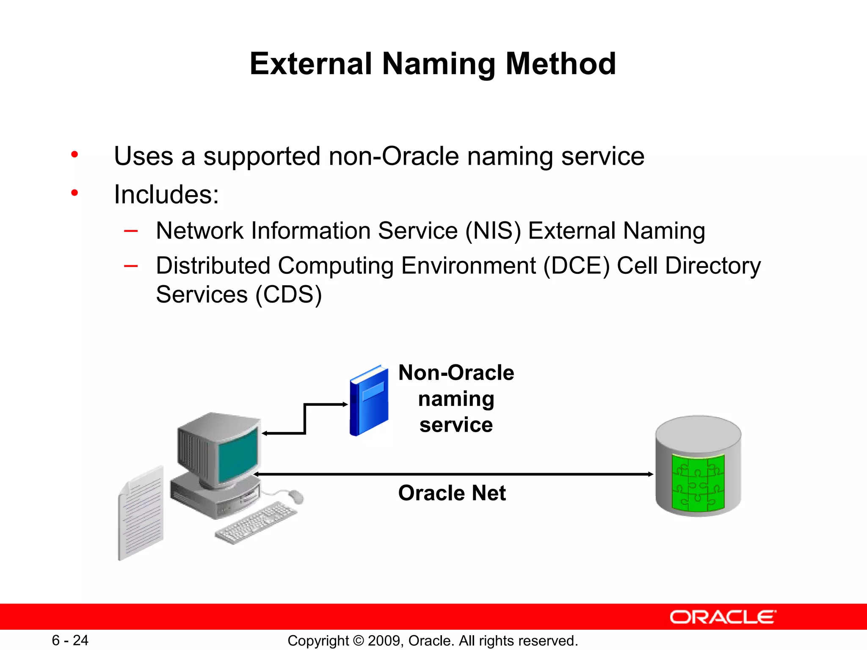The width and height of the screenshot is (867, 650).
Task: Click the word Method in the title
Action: pos(561,64)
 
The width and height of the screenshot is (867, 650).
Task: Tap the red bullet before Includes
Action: pos(75,193)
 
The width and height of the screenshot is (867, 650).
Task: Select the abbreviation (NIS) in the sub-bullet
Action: pos(493,231)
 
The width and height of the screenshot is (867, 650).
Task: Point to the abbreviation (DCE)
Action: pos(576,266)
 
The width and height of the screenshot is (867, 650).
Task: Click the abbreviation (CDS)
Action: pos(288,295)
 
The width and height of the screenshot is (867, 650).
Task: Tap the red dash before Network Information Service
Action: pos(130,231)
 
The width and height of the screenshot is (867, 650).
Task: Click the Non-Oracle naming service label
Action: pos(456,399)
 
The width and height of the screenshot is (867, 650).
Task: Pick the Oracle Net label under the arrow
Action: pos(452,493)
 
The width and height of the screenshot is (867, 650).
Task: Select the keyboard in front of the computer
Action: pos(257,523)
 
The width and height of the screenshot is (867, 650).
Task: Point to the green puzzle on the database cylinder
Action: pos(698,482)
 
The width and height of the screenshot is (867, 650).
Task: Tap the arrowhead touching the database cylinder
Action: pos(650,474)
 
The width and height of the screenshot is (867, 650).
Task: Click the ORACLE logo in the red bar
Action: pos(723,617)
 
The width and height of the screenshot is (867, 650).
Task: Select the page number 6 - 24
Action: pos(70,640)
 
